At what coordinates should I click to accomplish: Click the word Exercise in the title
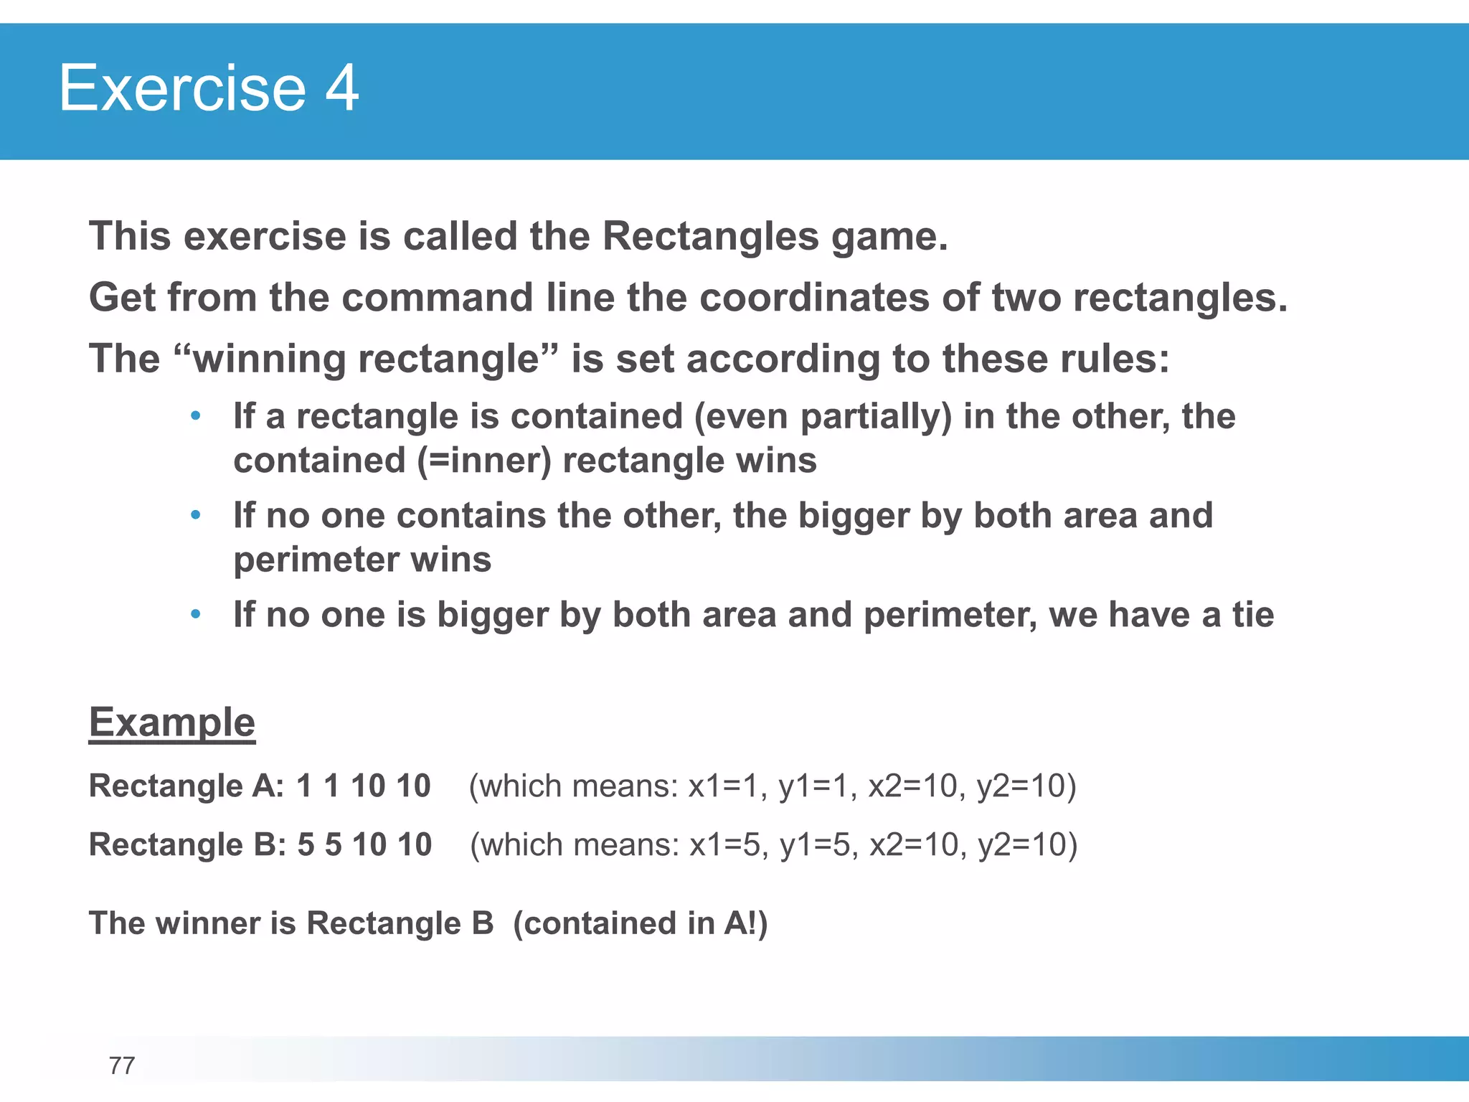tap(182, 88)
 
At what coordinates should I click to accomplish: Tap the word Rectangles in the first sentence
tap(710, 237)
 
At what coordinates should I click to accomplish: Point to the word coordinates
tap(814, 298)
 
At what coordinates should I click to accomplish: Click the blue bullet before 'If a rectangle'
tap(195, 416)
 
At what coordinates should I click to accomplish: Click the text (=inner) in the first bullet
tap(484, 461)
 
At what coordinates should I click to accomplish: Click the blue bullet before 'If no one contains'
tap(195, 515)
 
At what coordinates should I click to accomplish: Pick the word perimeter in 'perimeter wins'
tap(316, 560)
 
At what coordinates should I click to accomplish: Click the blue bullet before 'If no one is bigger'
tap(195, 615)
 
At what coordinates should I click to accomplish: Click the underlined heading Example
tap(171, 722)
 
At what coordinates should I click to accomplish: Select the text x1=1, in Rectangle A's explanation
tap(728, 786)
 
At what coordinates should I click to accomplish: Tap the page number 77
tap(122, 1066)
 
